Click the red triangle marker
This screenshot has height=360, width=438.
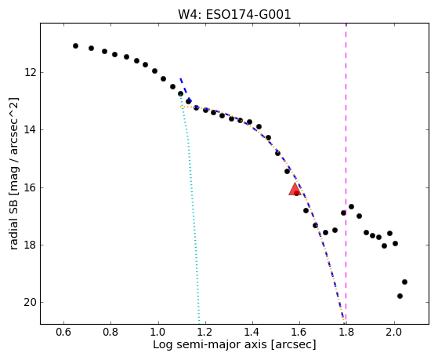click(x=295, y=189)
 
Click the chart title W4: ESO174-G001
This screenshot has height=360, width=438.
click(x=234, y=15)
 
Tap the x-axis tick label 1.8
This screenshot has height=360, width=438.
click(x=346, y=332)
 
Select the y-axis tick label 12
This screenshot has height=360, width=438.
click(x=31, y=72)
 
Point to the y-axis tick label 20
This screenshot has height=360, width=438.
click(x=31, y=303)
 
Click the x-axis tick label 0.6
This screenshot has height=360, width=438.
click(x=63, y=332)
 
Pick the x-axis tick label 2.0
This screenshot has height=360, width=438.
click(x=394, y=332)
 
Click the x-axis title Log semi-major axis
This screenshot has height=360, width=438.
click(x=210, y=344)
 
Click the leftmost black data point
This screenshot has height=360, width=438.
click(x=75, y=45)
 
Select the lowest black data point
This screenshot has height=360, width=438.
click(x=400, y=296)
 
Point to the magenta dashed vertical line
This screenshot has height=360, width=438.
click(x=346, y=173)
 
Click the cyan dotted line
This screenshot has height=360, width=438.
click(x=190, y=209)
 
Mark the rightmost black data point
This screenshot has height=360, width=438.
click(x=404, y=282)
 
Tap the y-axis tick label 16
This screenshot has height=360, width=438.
click(x=31, y=187)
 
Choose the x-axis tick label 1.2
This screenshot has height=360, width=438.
click(x=205, y=332)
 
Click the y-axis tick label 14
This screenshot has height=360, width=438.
click(x=31, y=129)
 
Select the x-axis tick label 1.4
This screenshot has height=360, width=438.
click(x=252, y=332)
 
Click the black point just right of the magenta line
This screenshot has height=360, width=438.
click(x=351, y=207)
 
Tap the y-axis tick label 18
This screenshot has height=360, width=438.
click(x=31, y=245)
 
